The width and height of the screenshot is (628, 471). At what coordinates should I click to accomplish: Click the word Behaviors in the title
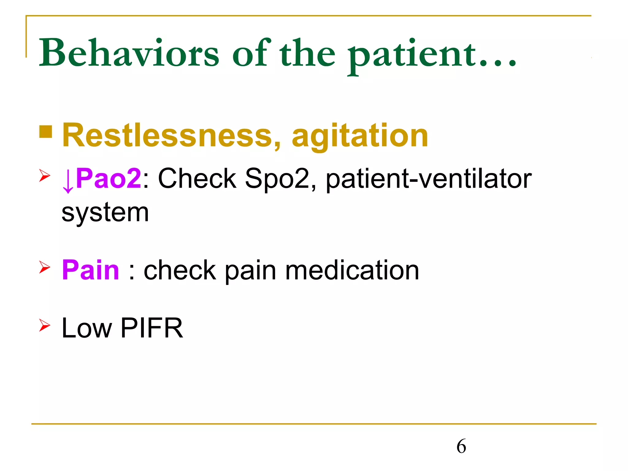tap(129, 53)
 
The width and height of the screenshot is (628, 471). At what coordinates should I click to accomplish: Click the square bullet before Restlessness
tap(46, 132)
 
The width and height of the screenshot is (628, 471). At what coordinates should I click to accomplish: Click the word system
tap(105, 213)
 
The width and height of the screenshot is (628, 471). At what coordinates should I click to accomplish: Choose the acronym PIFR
tap(152, 328)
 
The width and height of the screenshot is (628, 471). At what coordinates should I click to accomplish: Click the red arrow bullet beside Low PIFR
tap(44, 325)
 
